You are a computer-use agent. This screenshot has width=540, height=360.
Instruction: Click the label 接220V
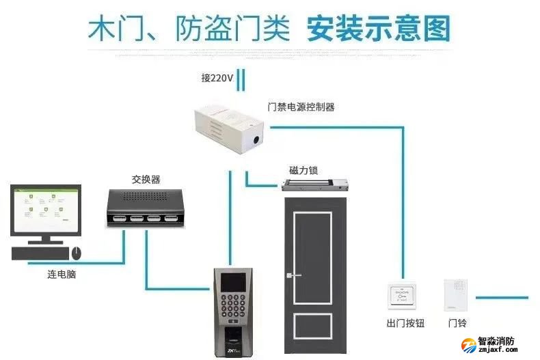coord(217,78)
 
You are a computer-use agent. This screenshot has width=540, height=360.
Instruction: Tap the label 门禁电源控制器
coord(301,107)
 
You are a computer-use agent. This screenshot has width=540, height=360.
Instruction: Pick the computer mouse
coord(77,253)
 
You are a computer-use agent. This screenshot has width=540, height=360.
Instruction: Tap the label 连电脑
coord(61,275)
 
